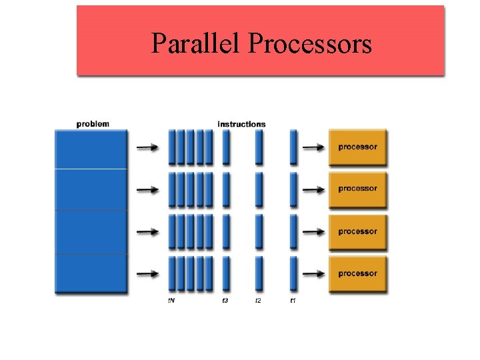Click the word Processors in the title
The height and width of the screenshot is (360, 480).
click(309, 44)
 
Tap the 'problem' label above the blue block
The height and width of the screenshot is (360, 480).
click(93, 123)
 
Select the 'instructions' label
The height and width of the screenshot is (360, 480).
click(241, 124)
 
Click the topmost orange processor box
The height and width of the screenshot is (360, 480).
click(357, 147)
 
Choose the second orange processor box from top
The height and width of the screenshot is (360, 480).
click(357, 189)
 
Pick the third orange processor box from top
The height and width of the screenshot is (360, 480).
click(357, 232)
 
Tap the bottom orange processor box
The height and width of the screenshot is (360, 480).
click(357, 274)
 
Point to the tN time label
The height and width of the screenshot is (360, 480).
click(172, 301)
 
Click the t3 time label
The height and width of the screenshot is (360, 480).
click(225, 301)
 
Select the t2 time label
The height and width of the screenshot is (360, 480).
click(258, 301)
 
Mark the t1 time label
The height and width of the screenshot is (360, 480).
click(293, 301)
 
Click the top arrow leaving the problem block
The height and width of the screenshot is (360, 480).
click(148, 147)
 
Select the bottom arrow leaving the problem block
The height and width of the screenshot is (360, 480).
click(148, 273)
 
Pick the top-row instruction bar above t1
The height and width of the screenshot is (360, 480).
click(293, 147)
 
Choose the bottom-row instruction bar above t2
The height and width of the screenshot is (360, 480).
click(259, 273)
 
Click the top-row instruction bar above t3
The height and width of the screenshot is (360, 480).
click(226, 147)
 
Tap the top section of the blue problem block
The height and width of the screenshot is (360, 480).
click(90, 149)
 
